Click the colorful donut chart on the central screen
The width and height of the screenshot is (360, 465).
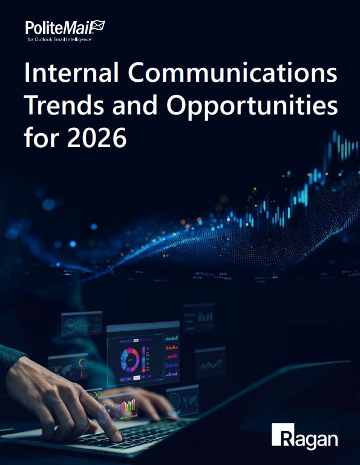pos(130,360)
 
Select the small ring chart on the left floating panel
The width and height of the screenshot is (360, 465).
pos(82,364)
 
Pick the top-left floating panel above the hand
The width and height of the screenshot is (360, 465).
pos(81,324)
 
